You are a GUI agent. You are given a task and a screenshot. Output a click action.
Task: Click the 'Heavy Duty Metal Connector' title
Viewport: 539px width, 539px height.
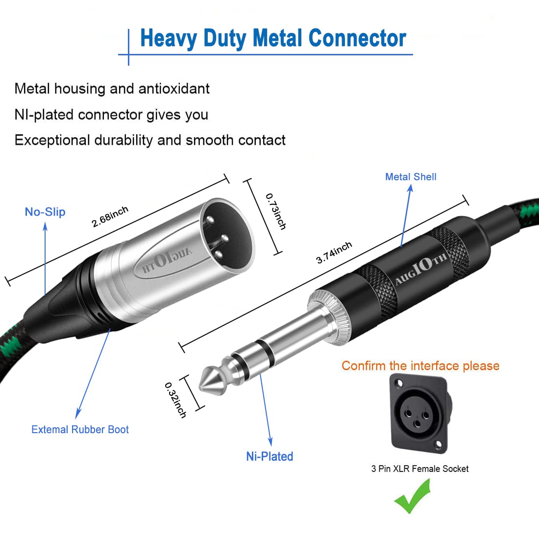273,38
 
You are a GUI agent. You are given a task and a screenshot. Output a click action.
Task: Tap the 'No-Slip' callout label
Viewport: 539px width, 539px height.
45,212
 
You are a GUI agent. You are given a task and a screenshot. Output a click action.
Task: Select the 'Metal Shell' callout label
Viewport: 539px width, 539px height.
411,177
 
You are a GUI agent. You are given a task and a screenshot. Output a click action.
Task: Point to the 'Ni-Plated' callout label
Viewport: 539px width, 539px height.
269,456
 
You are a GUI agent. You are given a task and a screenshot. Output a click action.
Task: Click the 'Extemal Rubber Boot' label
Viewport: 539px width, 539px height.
80,430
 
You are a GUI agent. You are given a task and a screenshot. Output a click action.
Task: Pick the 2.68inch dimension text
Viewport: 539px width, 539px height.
110,217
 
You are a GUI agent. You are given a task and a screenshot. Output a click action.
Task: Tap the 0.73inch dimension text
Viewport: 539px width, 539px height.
276,211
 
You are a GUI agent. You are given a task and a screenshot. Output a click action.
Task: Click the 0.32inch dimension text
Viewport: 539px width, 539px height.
175,400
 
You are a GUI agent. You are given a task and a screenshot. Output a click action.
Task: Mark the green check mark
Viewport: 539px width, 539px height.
413,496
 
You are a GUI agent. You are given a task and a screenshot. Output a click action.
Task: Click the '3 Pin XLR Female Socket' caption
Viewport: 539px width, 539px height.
419,469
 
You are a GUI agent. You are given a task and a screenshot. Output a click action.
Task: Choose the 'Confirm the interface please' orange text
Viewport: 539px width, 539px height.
420,366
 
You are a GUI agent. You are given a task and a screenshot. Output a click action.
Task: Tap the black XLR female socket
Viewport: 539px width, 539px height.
419,413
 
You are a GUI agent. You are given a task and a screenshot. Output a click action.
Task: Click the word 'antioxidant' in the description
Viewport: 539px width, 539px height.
174,89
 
